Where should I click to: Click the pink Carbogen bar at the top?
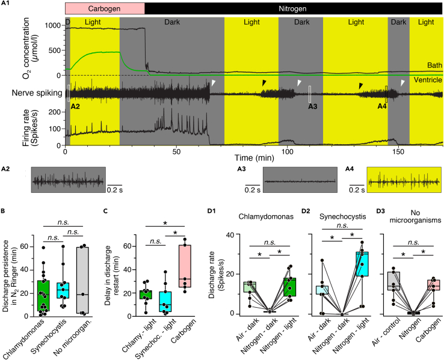[x=105, y=9]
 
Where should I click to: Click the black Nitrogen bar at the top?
[x=294, y=9]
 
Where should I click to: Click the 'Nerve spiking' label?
[x=36, y=93]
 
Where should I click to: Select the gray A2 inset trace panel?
[x=69, y=180]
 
